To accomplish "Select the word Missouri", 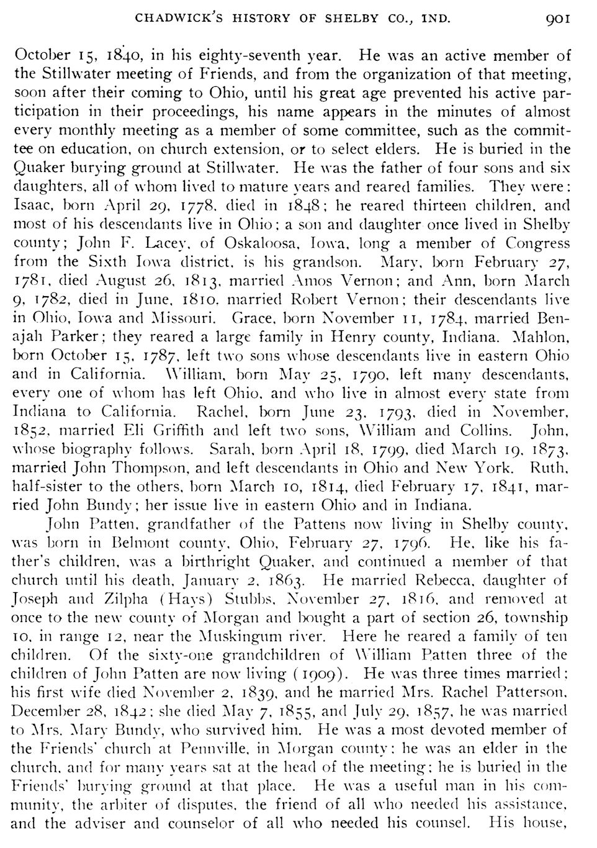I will click(x=186, y=318).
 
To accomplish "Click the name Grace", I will click(x=249, y=318).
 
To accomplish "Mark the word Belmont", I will click(x=145, y=543).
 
